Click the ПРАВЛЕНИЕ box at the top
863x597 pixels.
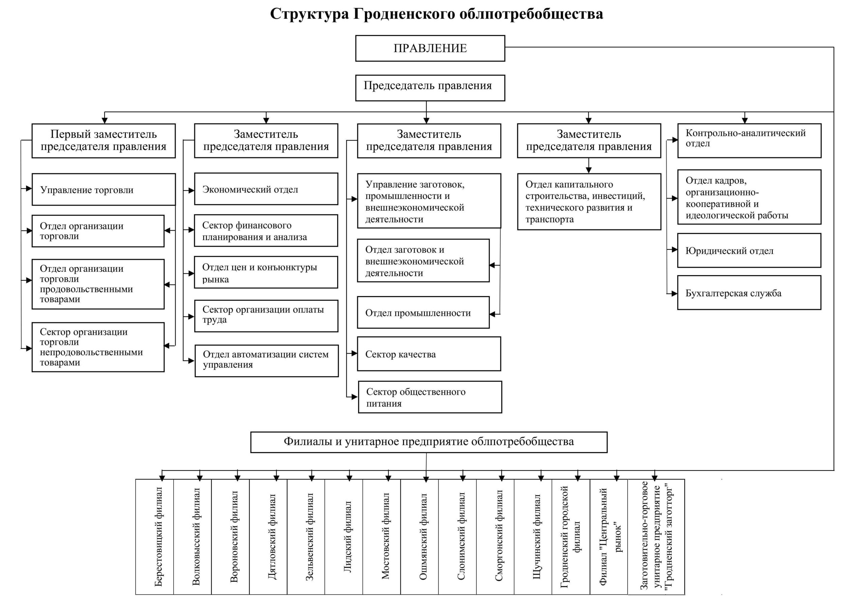(x=430, y=48)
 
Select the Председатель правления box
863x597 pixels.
(x=430, y=88)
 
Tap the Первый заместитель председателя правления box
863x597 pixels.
(x=103, y=141)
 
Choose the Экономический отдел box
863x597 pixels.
(x=266, y=189)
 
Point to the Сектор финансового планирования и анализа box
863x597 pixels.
(x=266, y=231)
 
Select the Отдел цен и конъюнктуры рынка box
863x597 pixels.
(x=266, y=272)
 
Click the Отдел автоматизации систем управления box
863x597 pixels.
(x=266, y=361)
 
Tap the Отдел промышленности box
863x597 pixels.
(x=423, y=312)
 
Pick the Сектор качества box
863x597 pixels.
(x=429, y=354)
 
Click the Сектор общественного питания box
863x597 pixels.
(x=430, y=397)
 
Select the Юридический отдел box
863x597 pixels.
(x=749, y=250)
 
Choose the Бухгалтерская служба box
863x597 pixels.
(x=749, y=293)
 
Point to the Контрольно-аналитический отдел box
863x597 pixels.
(x=749, y=141)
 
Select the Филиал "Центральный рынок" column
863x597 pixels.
(x=608, y=536)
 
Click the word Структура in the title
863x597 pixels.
(x=309, y=14)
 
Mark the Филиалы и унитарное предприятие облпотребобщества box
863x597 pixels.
(x=429, y=442)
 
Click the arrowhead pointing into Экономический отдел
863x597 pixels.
(x=191, y=190)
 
